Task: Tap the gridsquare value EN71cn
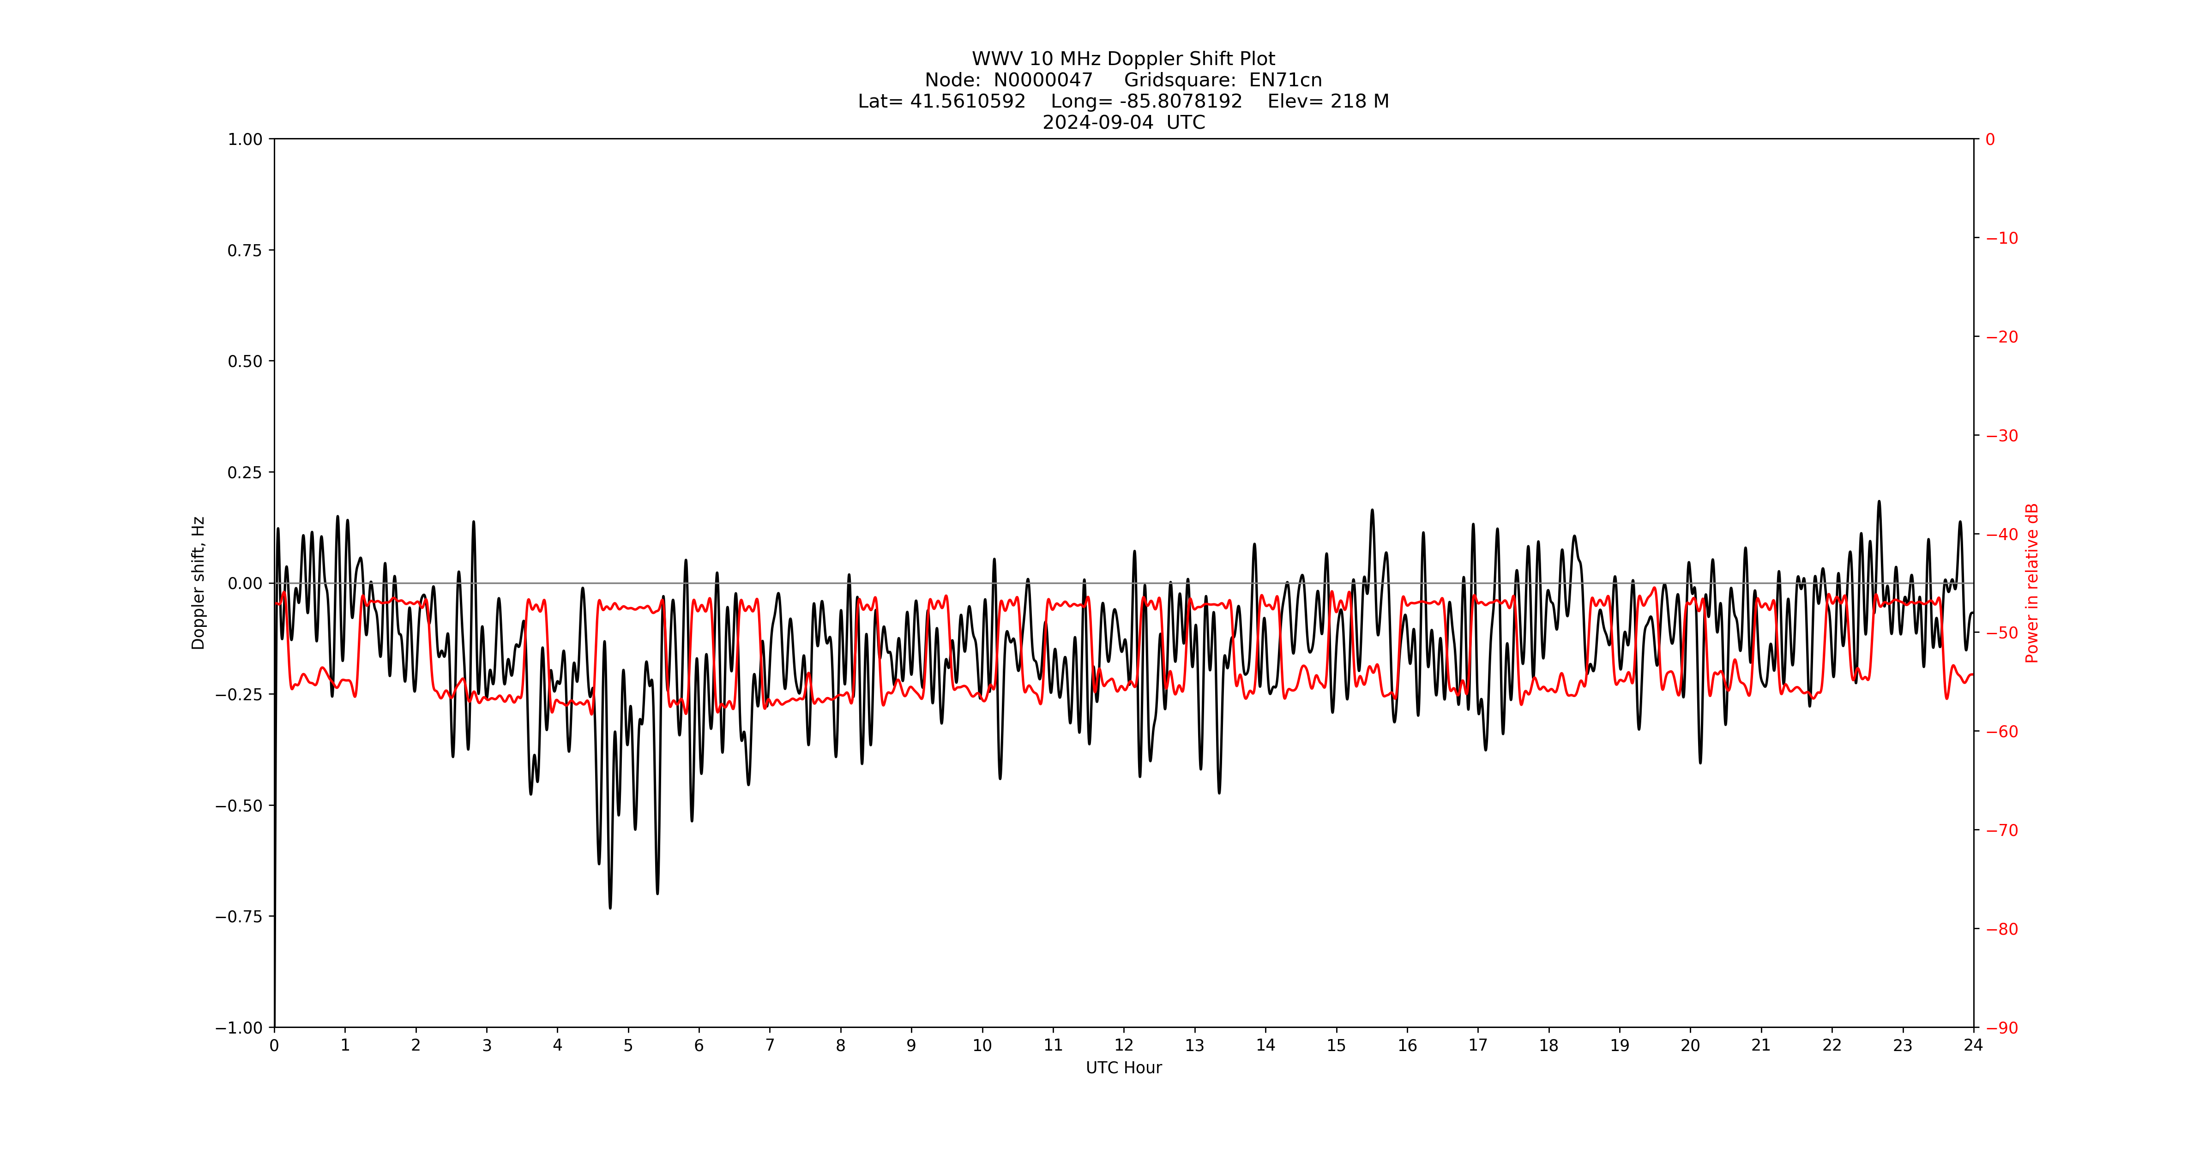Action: click(1285, 80)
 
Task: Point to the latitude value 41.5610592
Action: click(968, 101)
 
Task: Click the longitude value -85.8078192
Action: click(1181, 101)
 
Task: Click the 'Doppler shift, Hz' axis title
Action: click(199, 583)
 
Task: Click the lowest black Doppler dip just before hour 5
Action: click(609, 907)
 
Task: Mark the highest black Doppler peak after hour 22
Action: click(1879, 502)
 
